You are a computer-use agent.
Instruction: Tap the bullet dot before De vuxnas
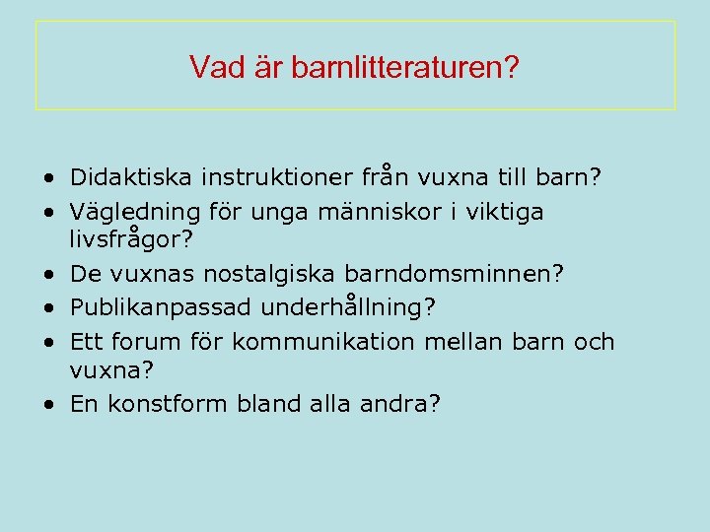48,275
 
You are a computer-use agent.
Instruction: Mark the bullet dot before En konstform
48,404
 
